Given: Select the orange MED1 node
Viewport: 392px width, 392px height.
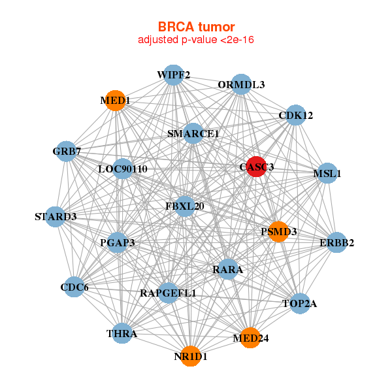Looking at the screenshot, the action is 116,101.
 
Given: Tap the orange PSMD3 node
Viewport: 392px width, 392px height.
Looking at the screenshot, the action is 279,232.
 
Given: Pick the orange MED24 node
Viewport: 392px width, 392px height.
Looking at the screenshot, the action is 250,338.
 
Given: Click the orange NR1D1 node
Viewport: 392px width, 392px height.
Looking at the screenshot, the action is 191,356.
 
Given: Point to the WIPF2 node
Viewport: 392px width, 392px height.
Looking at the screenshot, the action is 173,74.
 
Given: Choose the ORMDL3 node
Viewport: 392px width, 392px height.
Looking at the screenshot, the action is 241,84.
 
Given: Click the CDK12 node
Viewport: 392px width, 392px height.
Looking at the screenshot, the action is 295,115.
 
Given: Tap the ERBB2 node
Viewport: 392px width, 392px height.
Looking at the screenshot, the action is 336,243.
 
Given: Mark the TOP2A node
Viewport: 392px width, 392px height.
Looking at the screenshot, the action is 299,303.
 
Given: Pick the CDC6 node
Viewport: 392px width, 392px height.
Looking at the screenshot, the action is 74,287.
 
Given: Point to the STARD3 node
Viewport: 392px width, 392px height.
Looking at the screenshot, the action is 56,216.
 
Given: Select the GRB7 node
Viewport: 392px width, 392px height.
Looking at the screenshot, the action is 67,152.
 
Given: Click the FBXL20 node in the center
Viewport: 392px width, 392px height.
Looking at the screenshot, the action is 185,206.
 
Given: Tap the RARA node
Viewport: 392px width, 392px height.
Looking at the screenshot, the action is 227,269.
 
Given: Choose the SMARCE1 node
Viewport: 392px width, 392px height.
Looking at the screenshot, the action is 193,133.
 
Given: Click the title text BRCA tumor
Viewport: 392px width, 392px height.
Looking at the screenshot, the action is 196,27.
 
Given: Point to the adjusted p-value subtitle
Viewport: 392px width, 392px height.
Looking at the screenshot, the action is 196,40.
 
